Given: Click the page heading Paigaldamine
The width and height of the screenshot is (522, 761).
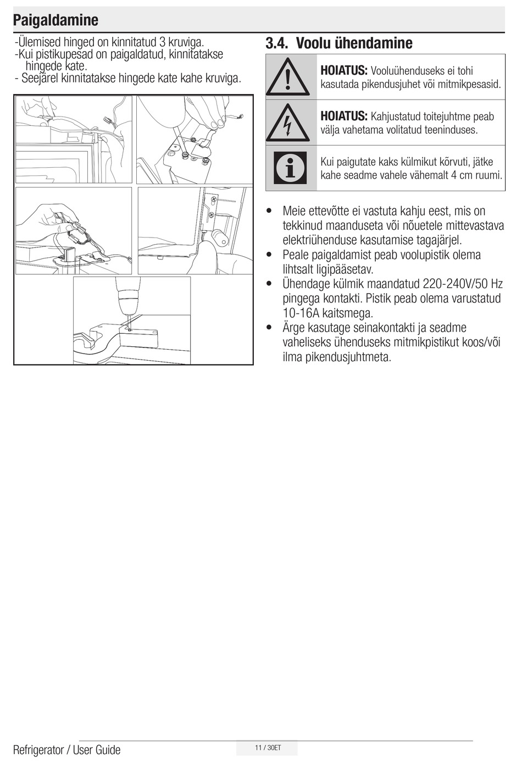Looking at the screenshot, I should tap(55, 20).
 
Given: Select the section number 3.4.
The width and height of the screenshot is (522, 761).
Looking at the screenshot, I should tap(277, 43).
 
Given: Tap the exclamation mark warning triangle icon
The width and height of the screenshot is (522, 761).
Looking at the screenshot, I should tap(287, 78).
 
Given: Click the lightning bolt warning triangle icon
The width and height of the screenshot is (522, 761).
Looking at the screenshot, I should tap(287, 123).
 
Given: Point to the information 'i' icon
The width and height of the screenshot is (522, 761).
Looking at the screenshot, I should tap(290, 168).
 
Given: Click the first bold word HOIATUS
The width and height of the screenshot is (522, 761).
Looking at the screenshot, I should tap(343, 70).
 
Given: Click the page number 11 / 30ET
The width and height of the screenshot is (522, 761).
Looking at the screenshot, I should tap(268, 748).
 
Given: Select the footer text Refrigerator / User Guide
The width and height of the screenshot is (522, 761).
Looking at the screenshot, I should tap(66, 749).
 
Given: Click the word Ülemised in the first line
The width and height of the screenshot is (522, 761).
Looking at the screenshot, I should tap(39, 42).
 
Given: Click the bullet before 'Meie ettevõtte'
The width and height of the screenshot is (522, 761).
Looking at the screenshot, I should tap(269, 211).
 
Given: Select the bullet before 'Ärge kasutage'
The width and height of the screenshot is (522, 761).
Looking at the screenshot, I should tap(269, 328).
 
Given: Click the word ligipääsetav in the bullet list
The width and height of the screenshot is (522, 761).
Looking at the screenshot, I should tap(345, 269).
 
